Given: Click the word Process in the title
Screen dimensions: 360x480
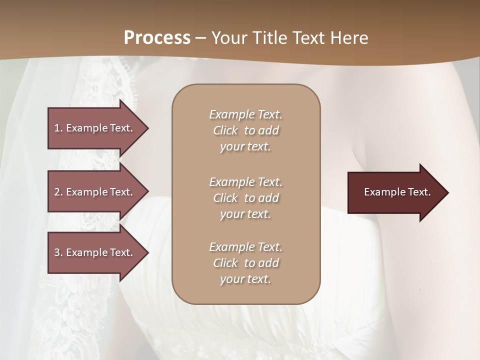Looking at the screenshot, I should click(x=157, y=38).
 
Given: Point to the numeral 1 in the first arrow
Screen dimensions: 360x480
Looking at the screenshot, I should click(x=56, y=128).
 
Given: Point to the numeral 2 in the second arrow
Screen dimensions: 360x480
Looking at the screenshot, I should click(x=57, y=192).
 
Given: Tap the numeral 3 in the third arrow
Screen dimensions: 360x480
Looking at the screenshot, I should click(x=57, y=252).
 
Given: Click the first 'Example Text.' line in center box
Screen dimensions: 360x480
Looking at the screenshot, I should click(x=245, y=114).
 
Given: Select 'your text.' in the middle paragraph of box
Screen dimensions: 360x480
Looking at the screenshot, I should click(x=245, y=214).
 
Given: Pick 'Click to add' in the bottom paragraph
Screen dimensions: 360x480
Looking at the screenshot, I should click(x=245, y=263).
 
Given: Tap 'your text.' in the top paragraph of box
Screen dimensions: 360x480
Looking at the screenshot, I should click(x=245, y=146).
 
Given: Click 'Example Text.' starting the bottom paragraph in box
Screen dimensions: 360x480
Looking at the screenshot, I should click(x=245, y=247).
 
